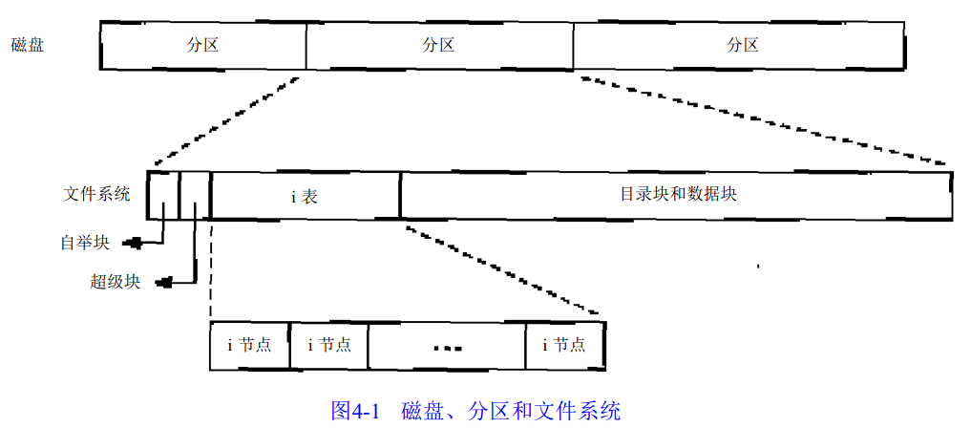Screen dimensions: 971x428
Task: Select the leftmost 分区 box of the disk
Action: (202, 45)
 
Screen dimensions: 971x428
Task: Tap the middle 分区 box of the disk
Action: (438, 45)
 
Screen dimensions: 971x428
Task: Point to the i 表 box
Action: (305, 196)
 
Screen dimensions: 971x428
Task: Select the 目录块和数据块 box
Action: (677, 195)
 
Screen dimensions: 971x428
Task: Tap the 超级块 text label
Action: (116, 282)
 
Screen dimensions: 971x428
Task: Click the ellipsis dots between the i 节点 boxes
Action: (447, 348)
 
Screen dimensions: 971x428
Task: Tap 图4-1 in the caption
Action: (355, 412)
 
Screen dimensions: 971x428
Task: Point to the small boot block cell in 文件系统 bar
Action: (163, 195)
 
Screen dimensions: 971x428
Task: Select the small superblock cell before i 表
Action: (195, 195)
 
